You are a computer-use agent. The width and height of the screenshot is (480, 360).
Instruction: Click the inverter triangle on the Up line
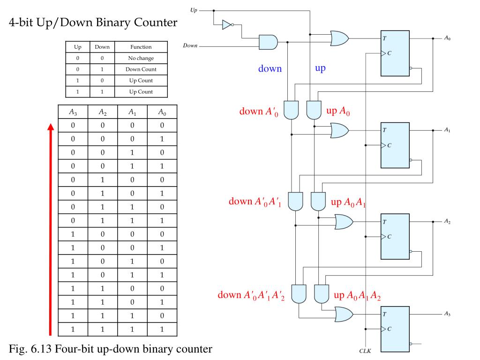pyautogui.click(x=226, y=24)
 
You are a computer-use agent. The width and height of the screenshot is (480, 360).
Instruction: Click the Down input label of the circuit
pyautogui.click(x=190, y=46)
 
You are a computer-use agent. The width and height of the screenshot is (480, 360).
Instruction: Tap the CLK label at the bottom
pyautogui.click(x=365, y=351)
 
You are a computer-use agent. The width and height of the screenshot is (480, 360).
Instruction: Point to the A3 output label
pyautogui.click(x=448, y=314)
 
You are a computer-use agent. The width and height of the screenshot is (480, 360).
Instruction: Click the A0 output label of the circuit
pyautogui.click(x=448, y=38)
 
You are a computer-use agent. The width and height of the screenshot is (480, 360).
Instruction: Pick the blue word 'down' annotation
pyautogui.click(x=270, y=69)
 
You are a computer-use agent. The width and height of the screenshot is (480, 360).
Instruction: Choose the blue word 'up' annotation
pyautogui.click(x=320, y=68)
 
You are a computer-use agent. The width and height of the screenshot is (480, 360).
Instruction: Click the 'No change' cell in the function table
pyautogui.click(x=141, y=58)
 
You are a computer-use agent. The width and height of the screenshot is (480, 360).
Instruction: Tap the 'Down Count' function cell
pyautogui.click(x=141, y=69)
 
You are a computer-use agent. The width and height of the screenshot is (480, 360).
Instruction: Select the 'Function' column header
pyautogui.click(x=141, y=47)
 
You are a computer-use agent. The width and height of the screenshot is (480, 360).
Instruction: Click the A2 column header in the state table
pyautogui.click(x=103, y=112)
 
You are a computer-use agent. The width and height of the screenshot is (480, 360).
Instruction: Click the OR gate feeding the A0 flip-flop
pyautogui.click(x=339, y=38)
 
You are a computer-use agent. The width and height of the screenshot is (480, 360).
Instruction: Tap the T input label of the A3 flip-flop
pyautogui.click(x=385, y=314)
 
